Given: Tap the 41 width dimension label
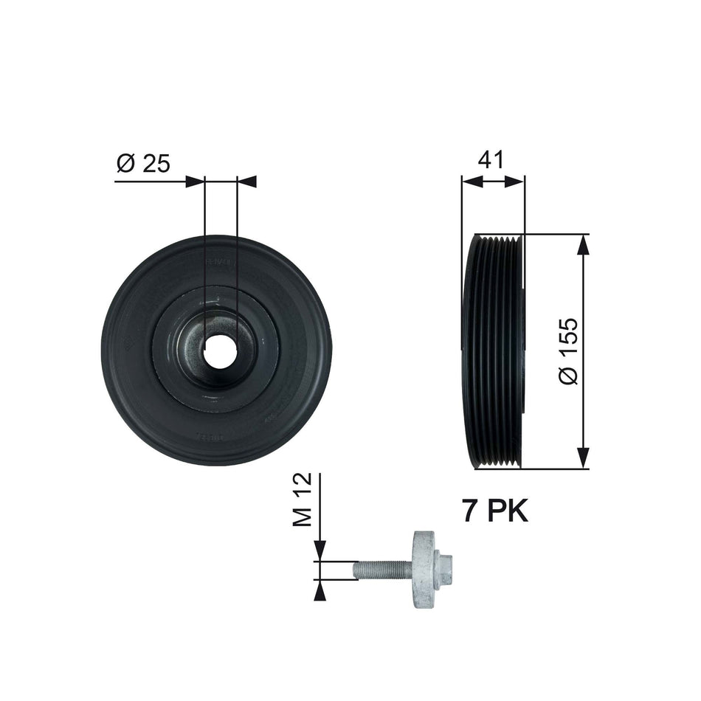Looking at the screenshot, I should point(491,160).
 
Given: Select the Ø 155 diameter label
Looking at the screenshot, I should point(569,351).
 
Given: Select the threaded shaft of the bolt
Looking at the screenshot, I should point(381,570).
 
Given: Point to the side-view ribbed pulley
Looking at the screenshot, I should point(493,351).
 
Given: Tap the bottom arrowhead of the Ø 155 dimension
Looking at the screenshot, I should point(584,458).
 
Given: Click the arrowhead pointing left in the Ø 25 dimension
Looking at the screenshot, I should point(246,181).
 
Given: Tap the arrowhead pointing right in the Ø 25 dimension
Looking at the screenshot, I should point(194,181).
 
